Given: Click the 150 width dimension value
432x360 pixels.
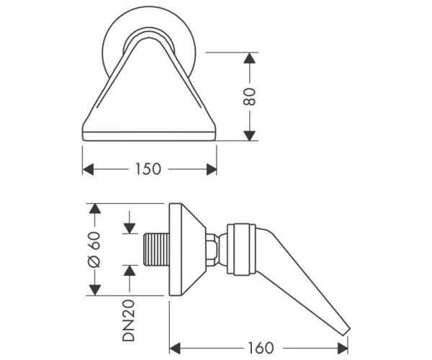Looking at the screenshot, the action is [148, 169].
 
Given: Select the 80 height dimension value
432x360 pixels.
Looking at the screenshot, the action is [250, 96].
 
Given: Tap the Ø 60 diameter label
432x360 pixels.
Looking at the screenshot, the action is [94, 250].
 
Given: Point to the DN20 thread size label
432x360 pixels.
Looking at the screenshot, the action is [129, 320].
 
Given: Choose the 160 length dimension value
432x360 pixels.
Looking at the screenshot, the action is [261, 348].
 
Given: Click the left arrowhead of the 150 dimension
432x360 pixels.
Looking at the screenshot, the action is [88, 169].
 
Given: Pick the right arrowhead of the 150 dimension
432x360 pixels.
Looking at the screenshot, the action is [211, 169].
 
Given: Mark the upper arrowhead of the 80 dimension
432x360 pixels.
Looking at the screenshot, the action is [250, 58].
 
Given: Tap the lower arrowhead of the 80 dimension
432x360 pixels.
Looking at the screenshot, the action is [250, 135].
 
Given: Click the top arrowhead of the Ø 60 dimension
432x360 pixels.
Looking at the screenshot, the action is [95, 209].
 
